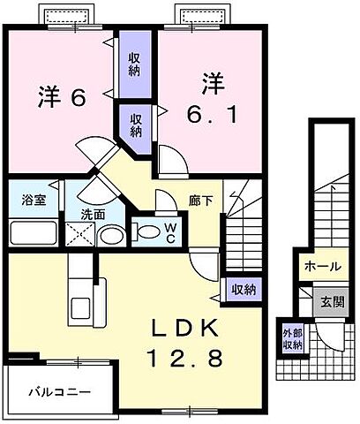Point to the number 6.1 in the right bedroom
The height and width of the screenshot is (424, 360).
(212, 113)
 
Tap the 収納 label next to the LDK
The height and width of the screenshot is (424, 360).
(244, 290)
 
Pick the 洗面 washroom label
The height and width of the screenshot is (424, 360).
(94, 214)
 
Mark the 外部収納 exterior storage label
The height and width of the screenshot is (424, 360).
(291, 339)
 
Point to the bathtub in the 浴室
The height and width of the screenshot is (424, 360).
(34, 232)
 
